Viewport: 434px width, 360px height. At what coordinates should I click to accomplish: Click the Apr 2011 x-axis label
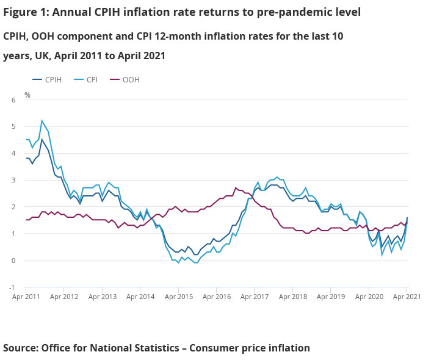point(26,297)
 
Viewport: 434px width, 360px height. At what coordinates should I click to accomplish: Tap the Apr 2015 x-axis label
point(179,297)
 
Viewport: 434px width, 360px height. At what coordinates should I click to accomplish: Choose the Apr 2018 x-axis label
point(293,297)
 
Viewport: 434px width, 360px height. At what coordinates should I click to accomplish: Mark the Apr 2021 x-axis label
point(407,297)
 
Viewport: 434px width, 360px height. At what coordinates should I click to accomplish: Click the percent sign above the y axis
point(27,95)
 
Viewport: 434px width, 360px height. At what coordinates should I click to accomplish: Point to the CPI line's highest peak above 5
point(42,121)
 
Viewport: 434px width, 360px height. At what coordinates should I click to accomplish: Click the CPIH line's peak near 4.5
point(42,140)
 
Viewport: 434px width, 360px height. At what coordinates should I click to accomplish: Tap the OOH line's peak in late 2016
point(236,188)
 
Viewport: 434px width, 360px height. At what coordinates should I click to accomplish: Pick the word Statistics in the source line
point(145,348)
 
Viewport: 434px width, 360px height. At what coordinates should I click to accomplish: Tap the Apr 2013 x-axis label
point(103,297)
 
